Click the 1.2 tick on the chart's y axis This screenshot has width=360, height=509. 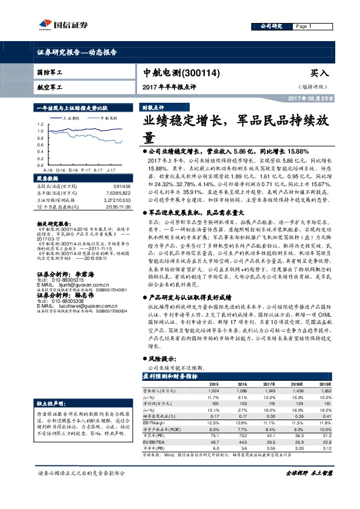pyautogui.click(x=39, y=123)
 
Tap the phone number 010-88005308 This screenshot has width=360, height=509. pyautogui.click(x=68, y=301)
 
